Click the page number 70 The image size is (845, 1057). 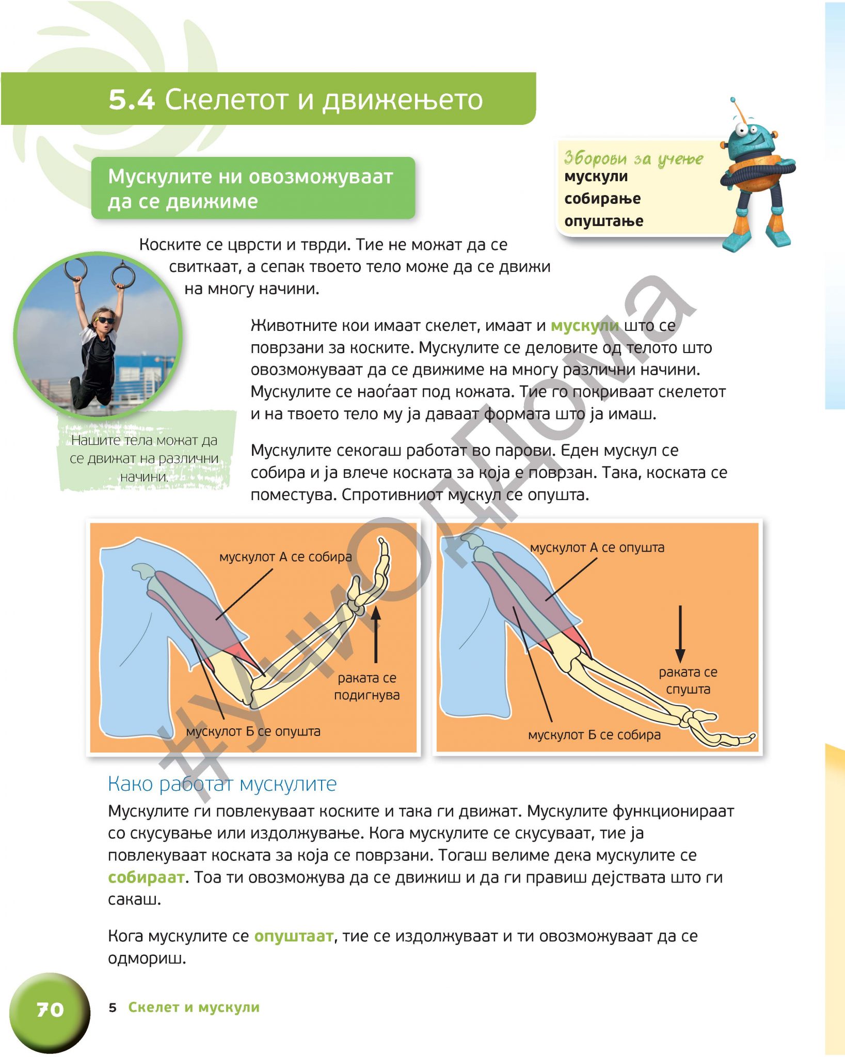click(x=50, y=1009)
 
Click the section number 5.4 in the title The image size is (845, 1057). click(x=132, y=99)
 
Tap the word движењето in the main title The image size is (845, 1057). click(x=403, y=99)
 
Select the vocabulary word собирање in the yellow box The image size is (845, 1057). click(x=602, y=199)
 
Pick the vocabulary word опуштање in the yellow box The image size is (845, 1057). click(x=603, y=221)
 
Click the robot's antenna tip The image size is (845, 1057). click(x=732, y=100)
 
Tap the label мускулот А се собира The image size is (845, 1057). click(x=285, y=557)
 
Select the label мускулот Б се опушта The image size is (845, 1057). click(x=253, y=731)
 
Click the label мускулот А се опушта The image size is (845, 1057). click(x=597, y=548)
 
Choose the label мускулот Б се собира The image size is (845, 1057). click(x=594, y=735)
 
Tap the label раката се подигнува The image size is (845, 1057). click(x=367, y=686)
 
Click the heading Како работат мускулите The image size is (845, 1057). click(x=222, y=784)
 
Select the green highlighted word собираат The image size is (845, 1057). click(x=146, y=877)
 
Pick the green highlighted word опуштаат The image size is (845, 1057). click(x=294, y=936)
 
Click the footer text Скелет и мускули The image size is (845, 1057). click(x=194, y=1007)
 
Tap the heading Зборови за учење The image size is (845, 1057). click(x=633, y=158)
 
